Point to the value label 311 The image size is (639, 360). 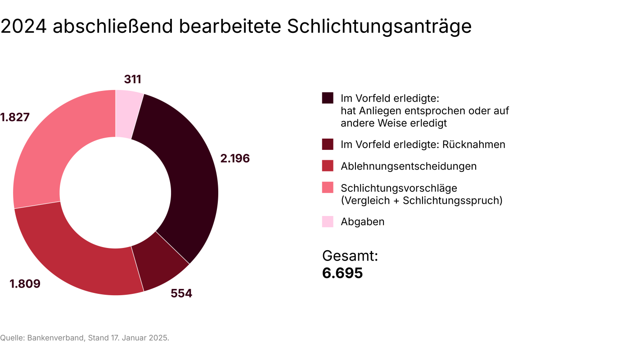(x=133, y=80)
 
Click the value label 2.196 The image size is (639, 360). (x=235, y=158)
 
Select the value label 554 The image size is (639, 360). (x=181, y=293)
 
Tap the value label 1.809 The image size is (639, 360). (x=25, y=284)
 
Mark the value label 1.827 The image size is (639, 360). (x=15, y=117)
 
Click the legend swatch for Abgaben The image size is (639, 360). (x=328, y=222)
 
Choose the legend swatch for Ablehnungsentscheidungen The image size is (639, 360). (x=328, y=166)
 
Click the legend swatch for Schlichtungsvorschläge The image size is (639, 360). (x=328, y=188)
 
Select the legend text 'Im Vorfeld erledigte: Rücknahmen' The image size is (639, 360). (x=423, y=144)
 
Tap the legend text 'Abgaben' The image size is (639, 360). (x=363, y=222)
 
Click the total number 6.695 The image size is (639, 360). (x=342, y=273)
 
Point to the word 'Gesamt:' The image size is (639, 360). (x=350, y=256)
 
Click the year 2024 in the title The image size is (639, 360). (x=23, y=27)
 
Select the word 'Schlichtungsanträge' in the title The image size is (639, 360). (x=379, y=27)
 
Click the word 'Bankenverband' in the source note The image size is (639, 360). (x=56, y=338)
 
